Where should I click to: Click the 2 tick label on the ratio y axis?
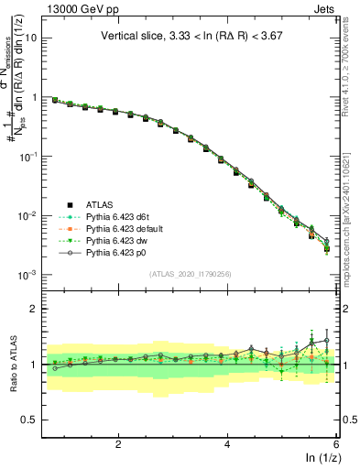pos(32,309)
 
